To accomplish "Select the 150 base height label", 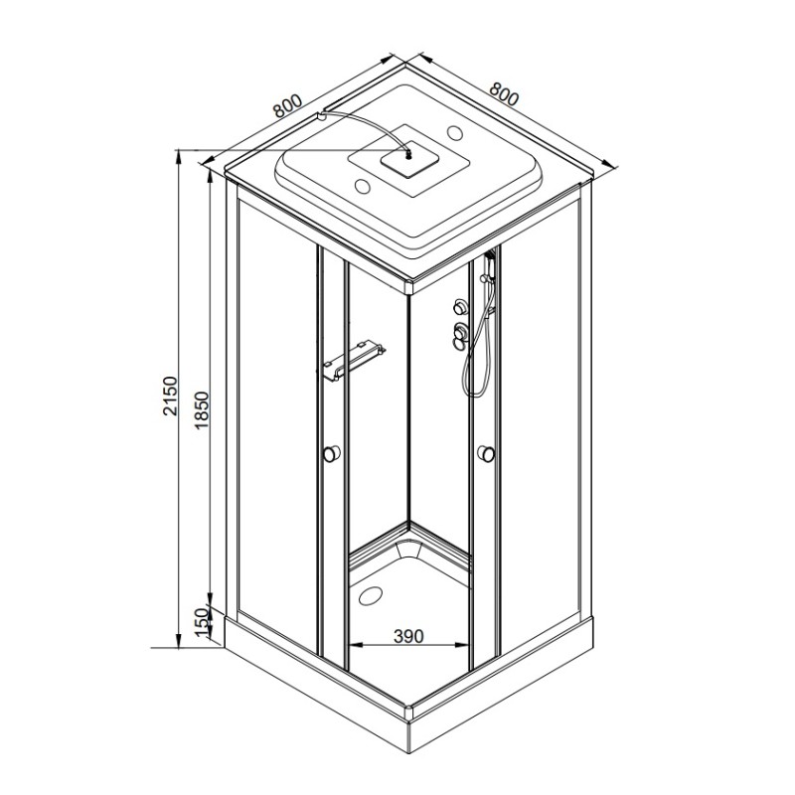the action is [203, 622].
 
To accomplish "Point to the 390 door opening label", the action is [408, 636].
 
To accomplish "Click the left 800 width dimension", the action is [287, 105].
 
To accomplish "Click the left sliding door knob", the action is [332, 453].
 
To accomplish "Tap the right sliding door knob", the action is [486, 453].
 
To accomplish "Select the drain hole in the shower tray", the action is [372, 594].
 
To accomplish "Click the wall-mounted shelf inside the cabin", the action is [354, 361].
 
